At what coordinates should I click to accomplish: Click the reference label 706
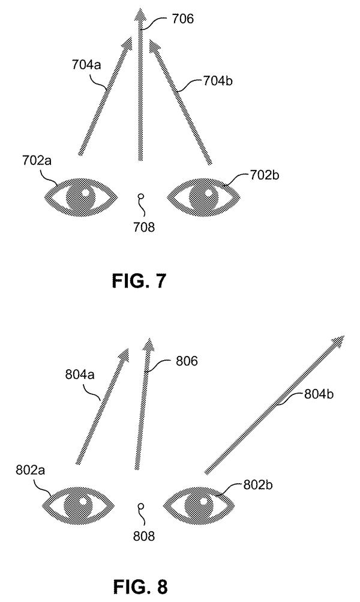pyautogui.click(x=182, y=19)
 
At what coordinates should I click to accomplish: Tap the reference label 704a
pyautogui.click(x=86, y=64)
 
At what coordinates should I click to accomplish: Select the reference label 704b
pyautogui.click(x=218, y=81)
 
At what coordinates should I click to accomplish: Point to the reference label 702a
pyautogui.click(x=37, y=160)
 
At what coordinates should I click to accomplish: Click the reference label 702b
pyautogui.click(x=265, y=175)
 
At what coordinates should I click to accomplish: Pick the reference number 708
pyautogui.click(x=144, y=227)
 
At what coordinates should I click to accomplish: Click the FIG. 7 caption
pyautogui.click(x=139, y=281)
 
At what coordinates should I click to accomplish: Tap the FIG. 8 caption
pyautogui.click(x=140, y=586)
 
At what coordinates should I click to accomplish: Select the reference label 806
pyautogui.click(x=187, y=361)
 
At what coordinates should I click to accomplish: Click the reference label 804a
pyautogui.click(x=80, y=374)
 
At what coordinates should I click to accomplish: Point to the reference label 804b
pyautogui.click(x=319, y=394)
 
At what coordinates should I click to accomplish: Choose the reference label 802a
pyautogui.click(x=31, y=470)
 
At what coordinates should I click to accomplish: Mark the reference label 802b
pyautogui.click(x=258, y=485)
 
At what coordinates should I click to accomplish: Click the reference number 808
pyautogui.click(x=144, y=536)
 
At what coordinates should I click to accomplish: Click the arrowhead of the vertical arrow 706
pyautogui.click(x=140, y=16)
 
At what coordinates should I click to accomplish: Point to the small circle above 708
pyautogui.click(x=141, y=197)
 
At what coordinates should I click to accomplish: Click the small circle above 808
pyautogui.click(x=141, y=506)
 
